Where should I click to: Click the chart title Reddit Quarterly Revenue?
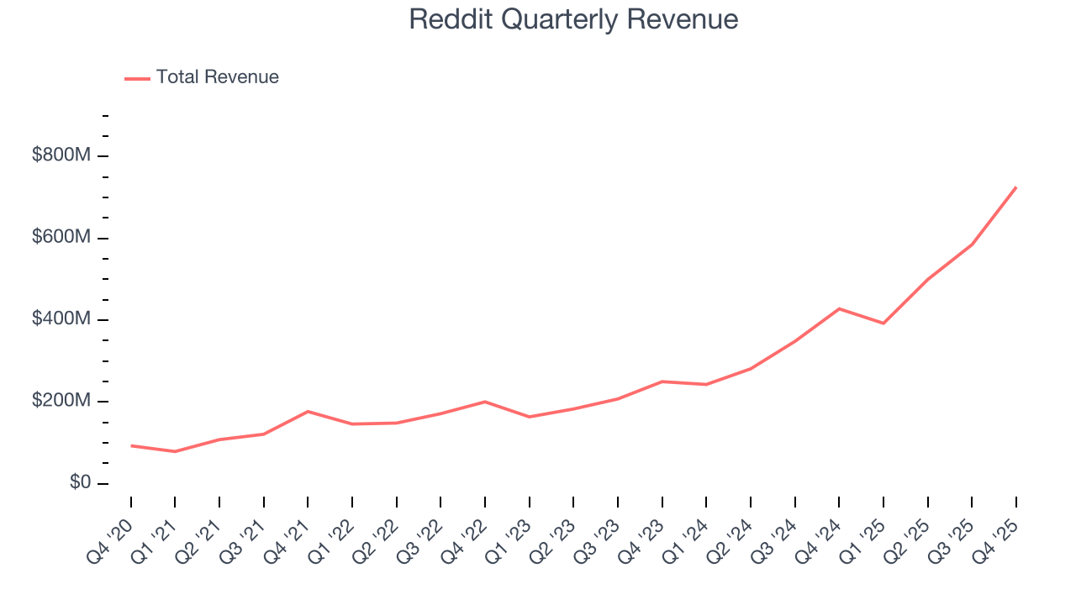pyautogui.click(x=573, y=19)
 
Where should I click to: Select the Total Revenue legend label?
pyautogui.click(x=217, y=77)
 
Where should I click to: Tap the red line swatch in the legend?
pyautogui.click(x=137, y=78)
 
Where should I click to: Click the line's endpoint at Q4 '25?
pyautogui.click(x=1015, y=187)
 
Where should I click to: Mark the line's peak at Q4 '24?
pyautogui.click(x=839, y=308)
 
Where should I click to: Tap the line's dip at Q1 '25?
pyautogui.click(x=883, y=324)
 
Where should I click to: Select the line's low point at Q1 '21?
pyautogui.click(x=175, y=451)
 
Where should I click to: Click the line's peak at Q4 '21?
pyautogui.click(x=308, y=411)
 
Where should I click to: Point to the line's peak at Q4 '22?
pyautogui.click(x=485, y=402)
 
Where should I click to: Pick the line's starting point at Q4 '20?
pyautogui.click(x=131, y=445)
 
